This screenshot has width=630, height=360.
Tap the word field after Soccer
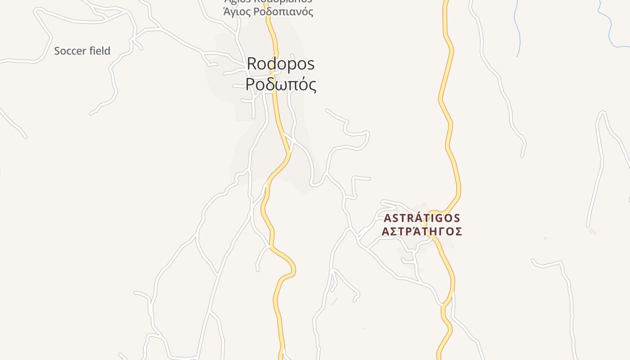(x=99, y=51)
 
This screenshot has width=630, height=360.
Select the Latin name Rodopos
(x=280, y=64)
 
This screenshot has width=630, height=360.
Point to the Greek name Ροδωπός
(x=280, y=85)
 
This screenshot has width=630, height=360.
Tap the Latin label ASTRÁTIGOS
(x=422, y=218)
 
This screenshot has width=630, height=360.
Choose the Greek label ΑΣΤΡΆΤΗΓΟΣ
(x=422, y=231)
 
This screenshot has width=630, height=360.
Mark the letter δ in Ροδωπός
(x=270, y=84)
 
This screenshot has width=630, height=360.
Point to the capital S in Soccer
(x=57, y=51)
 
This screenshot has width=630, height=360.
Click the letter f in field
(x=91, y=51)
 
